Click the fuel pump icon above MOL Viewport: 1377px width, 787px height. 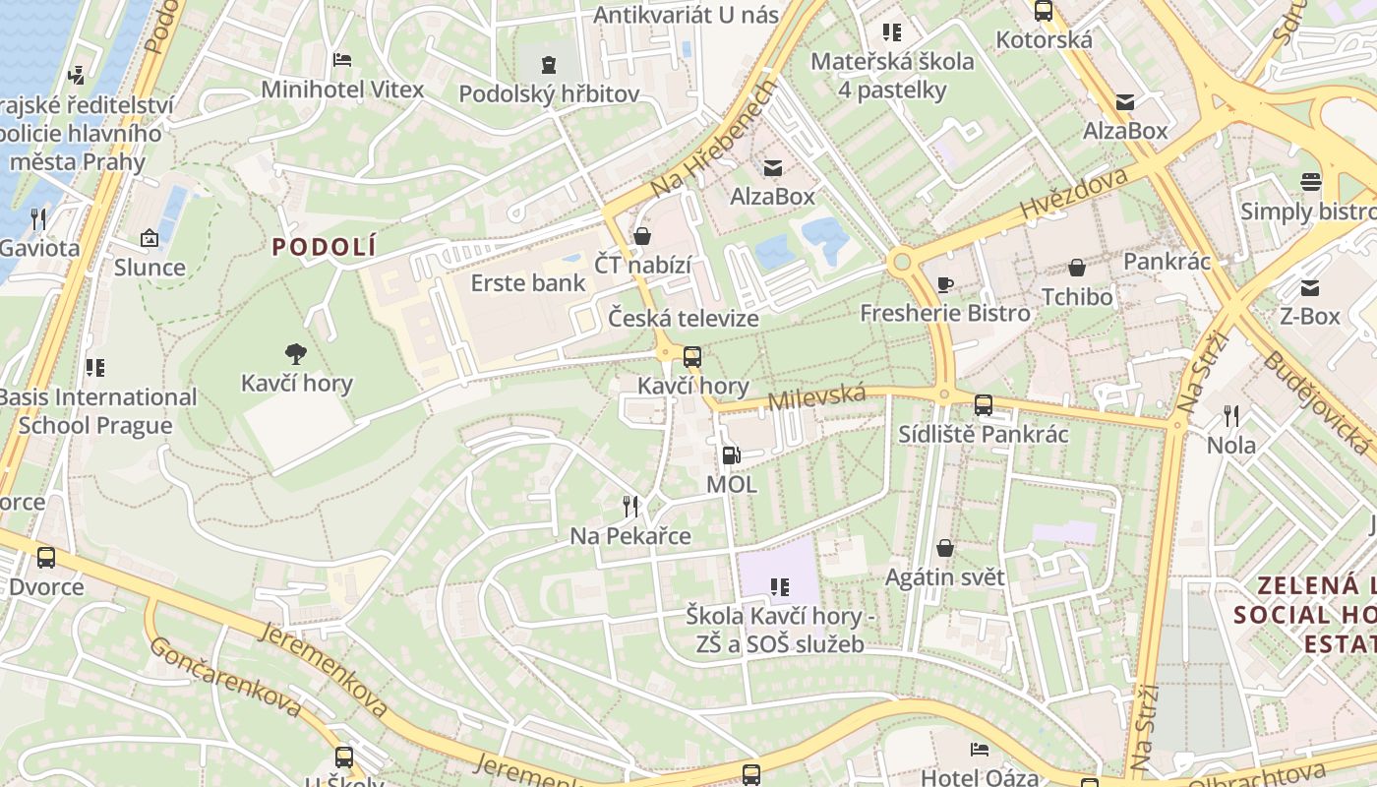[x=731, y=454]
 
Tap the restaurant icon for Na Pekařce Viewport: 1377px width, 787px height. [x=630, y=507]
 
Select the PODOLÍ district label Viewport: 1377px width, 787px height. [x=325, y=247]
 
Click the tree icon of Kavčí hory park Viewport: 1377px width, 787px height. [x=296, y=354]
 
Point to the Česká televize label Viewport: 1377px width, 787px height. [x=683, y=319]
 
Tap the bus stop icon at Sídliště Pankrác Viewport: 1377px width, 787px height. [x=983, y=405]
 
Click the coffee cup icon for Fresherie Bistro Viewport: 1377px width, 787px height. [x=944, y=285]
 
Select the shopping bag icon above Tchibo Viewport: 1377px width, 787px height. [x=1077, y=268]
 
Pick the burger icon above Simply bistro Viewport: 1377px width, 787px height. [x=1310, y=182]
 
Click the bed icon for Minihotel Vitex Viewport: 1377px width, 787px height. [x=342, y=60]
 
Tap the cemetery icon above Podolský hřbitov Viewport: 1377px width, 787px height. [x=549, y=65]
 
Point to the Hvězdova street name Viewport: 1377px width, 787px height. [x=1073, y=193]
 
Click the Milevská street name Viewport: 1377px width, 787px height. [x=816, y=398]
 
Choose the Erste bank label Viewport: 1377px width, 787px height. [x=528, y=283]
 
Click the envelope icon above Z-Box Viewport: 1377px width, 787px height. [x=1310, y=287]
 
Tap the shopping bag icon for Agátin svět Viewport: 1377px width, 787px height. [x=945, y=548]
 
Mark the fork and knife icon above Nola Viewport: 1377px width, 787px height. [x=1231, y=416]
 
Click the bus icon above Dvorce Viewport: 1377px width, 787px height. [x=46, y=558]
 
